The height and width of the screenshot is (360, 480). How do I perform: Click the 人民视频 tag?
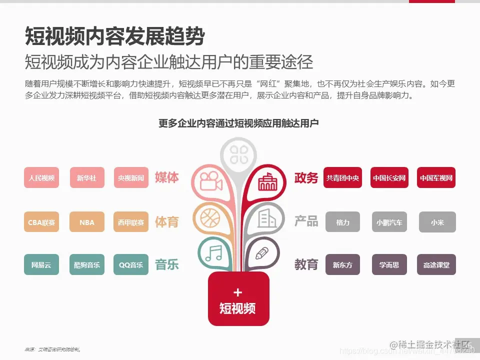[41, 177]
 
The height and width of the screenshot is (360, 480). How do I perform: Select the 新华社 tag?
[87, 177]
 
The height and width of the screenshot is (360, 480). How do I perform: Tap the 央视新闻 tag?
[131, 177]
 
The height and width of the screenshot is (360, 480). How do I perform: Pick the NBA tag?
[87, 222]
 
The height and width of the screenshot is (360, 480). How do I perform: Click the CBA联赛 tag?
[41, 222]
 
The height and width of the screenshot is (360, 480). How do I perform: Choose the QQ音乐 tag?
[131, 264]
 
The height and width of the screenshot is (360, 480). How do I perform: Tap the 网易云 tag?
[41, 264]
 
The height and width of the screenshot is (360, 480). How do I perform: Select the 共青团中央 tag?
[342, 177]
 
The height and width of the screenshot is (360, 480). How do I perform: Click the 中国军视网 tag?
[436, 177]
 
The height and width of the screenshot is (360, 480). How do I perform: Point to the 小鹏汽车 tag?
[389, 222]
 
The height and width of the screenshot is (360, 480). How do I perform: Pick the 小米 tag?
[436, 222]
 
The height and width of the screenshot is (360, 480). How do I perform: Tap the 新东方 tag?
[342, 264]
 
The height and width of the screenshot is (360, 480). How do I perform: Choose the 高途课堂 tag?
[436, 264]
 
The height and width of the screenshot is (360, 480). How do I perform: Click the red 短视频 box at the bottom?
[238, 299]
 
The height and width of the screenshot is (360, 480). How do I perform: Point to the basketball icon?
[209, 218]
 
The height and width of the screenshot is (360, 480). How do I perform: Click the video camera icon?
[210, 180]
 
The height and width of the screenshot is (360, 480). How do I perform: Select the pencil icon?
[261, 253]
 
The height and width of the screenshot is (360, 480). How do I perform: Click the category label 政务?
[306, 178]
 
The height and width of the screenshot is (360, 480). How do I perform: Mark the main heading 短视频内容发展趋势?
[115, 36]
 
